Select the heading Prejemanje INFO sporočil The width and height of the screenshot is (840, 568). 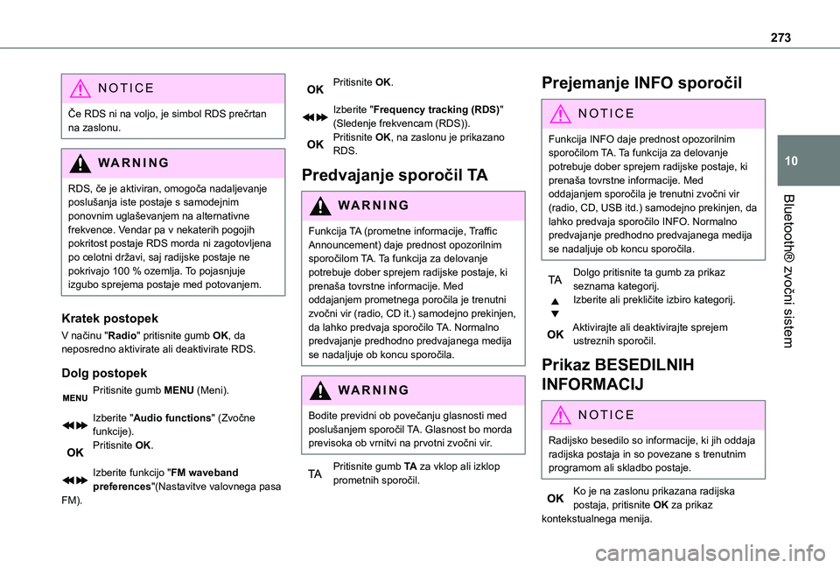click(x=641, y=84)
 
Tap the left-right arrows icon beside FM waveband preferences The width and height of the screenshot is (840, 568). click(x=74, y=480)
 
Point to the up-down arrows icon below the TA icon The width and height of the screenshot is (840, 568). click(x=555, y=306)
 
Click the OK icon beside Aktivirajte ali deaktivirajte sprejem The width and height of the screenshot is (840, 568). click(x=555, y=334)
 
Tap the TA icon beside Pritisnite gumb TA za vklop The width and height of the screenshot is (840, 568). click(x=314, y=473)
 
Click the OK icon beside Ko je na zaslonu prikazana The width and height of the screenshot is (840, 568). click(x=555, y=498)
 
